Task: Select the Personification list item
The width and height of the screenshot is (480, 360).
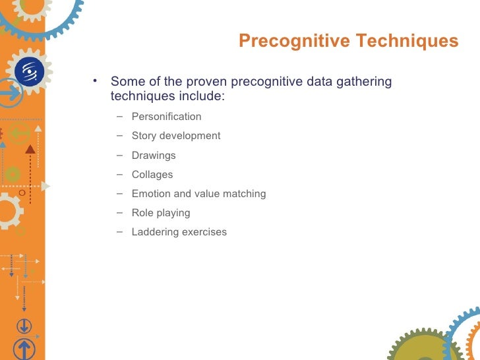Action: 166,117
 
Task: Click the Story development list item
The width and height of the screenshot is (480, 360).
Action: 176,136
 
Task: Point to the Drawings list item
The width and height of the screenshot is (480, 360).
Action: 154,156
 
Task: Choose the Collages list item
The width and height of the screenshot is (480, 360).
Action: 152,175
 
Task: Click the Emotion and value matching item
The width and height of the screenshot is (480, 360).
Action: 198,194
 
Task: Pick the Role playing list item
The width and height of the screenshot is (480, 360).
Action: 161,213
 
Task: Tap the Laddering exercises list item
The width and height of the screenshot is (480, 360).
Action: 179,232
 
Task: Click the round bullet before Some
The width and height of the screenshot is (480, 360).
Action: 96,82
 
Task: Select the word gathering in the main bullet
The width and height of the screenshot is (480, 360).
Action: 366,82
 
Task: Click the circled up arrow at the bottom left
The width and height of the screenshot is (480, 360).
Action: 24,349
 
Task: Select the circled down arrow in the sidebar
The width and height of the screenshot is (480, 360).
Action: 24,326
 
